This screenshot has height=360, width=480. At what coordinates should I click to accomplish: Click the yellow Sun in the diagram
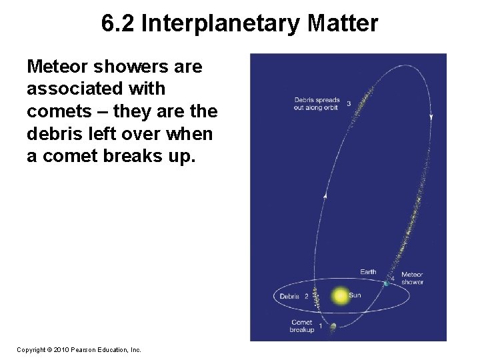pos(340,295)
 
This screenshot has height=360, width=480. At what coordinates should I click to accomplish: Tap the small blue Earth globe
pos(386,283)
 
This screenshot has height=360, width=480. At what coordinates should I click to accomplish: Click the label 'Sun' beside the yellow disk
pos(355,295)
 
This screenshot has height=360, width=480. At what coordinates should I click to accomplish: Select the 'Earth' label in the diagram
pos(368,271)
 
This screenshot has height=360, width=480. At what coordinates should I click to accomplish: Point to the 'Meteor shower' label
pos(412,278)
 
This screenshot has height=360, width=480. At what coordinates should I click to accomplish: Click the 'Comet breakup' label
pos(301,326)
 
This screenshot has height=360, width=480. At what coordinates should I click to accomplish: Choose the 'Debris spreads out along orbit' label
pos(317,103)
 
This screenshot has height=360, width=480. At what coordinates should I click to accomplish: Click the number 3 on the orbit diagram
pos(349,103)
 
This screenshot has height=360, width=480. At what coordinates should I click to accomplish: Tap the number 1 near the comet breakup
pos(321,326)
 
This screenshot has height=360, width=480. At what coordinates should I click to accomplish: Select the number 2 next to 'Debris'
pos(306,296)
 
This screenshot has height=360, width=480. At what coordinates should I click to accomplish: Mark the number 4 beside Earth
pos(393,277)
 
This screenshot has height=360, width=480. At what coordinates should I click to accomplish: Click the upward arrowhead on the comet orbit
pos(325,195)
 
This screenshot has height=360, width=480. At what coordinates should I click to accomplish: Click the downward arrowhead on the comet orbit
pos(431,117)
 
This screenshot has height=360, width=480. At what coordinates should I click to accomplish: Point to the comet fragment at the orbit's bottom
pos(333,326)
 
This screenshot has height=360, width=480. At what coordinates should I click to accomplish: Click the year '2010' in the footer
pos(61,349)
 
